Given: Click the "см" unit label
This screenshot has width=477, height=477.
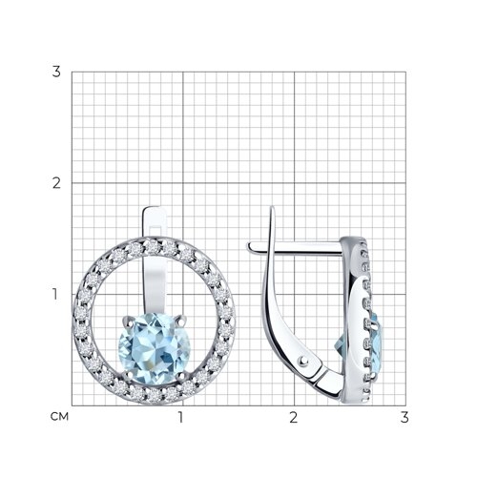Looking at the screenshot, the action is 59,417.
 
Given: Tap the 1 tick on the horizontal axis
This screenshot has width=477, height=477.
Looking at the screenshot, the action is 181,417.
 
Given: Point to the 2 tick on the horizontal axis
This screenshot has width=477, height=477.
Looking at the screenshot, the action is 293,417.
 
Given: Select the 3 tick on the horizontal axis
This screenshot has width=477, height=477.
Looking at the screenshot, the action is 404,417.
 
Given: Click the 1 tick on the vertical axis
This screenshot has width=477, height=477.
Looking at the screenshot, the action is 55,294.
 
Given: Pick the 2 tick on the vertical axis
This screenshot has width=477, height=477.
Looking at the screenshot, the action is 56,183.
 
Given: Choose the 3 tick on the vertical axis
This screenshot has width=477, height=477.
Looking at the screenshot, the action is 56,72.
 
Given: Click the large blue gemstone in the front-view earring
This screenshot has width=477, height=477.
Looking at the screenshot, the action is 155,348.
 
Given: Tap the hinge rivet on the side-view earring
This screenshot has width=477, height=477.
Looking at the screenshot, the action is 303,360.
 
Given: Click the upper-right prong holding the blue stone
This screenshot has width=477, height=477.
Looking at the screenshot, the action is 181,321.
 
